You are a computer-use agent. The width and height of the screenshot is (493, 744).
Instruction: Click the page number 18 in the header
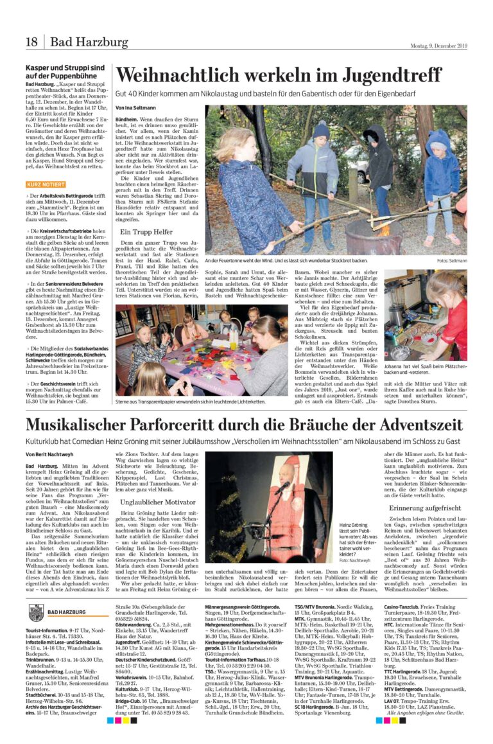click(x=31, y=42)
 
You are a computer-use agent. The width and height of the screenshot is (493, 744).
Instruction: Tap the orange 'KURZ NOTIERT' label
click(x=46, y=184)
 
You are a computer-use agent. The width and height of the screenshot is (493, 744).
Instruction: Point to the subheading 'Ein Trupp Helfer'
click(x=147, y=231)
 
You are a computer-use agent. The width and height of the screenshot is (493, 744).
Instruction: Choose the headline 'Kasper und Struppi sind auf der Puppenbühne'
click(x=64, y=71)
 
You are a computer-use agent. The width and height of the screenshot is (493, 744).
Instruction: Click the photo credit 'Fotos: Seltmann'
click(x=452, y=260)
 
